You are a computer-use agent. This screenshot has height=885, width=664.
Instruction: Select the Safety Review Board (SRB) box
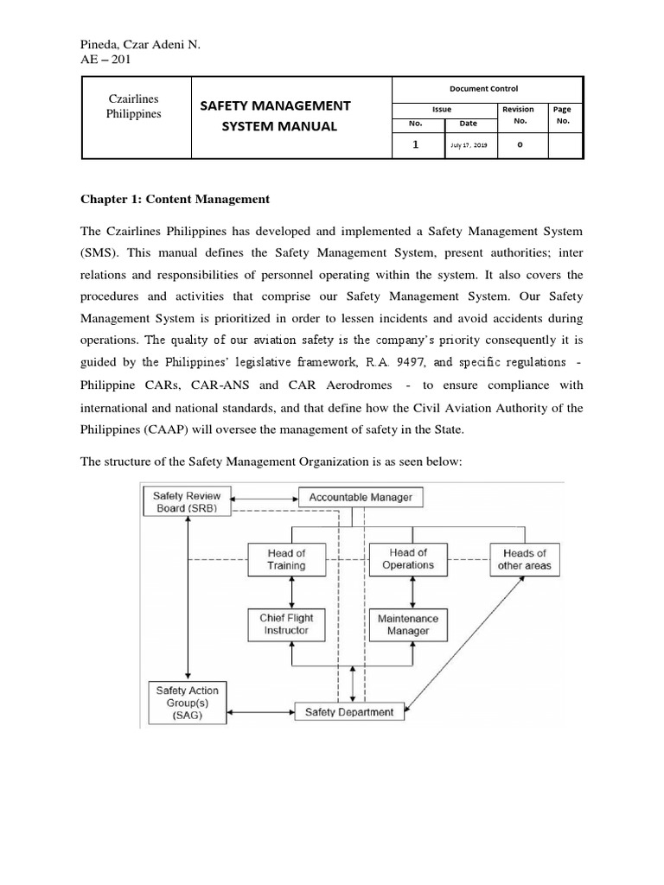(x=187, y=502)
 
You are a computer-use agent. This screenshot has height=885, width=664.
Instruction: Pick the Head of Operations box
(x=407, y=558)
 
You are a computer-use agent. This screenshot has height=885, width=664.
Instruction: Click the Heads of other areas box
(x=524, y=559)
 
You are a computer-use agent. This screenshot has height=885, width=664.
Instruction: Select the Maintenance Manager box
(x=407, y=625)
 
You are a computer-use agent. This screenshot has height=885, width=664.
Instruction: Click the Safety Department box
(x=348, y=712)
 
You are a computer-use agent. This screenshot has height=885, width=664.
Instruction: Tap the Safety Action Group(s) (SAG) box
(x=187, y=704)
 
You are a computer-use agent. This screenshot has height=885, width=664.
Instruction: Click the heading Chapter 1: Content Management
(x=176, y=199)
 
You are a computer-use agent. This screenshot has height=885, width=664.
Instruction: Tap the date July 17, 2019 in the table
(x=469, y=146)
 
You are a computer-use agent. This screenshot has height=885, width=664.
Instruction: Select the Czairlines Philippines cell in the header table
(x=134, y=107)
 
